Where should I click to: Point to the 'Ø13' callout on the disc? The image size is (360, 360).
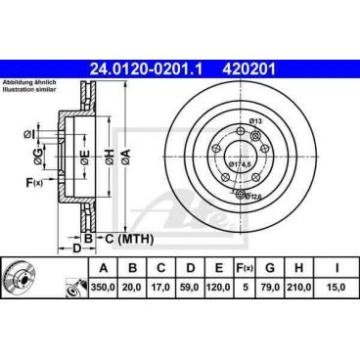[x=257, y=120]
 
